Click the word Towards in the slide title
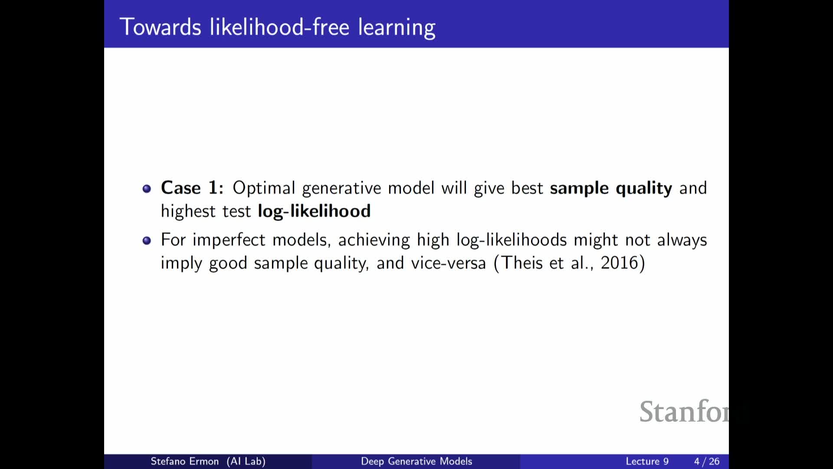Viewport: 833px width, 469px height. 161,27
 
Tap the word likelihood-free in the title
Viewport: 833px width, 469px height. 279,26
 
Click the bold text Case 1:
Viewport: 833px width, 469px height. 192,188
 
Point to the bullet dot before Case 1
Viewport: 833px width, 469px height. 147,188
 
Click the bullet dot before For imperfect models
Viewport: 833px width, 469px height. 147,241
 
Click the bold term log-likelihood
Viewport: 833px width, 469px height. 314,211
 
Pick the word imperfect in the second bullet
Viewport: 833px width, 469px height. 229,240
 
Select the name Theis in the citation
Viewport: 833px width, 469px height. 522,263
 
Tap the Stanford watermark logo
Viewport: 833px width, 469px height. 684,412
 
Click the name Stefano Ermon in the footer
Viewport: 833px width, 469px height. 184,461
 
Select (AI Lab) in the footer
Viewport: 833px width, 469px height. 246,461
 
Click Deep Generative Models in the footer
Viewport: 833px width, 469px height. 416,461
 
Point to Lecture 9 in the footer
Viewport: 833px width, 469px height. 647,461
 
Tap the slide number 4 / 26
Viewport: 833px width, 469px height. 707,461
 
